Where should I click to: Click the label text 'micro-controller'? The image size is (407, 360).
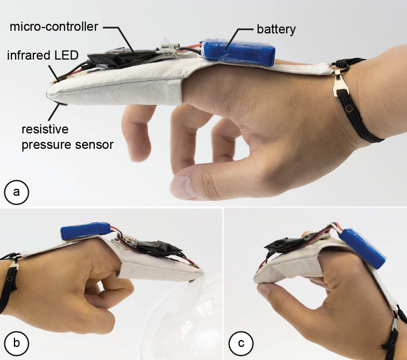pyautogui.click(x=54, y=27)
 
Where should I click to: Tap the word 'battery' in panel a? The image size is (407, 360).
pyautogui.click(x=276, y=29)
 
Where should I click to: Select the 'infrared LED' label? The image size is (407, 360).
pyautogui.click(x=43, y=55)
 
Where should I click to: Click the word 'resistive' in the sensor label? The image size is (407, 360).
pyautogui.click(x=45, y=129)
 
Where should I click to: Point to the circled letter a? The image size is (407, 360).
pyautogui.click(x=16, y=192)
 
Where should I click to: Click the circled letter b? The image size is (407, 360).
pyautogui.click(x=16, y=343)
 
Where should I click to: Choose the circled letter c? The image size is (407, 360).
pyautogui.click(x=241, y=343)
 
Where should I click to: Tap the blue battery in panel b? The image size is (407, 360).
pyautogui.click(x=86, y=231)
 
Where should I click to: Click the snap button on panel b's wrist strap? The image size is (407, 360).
pyautogui.click(x=10, y=279)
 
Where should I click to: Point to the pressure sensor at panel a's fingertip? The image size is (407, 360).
pyautogui.click(x=61, y=104)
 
